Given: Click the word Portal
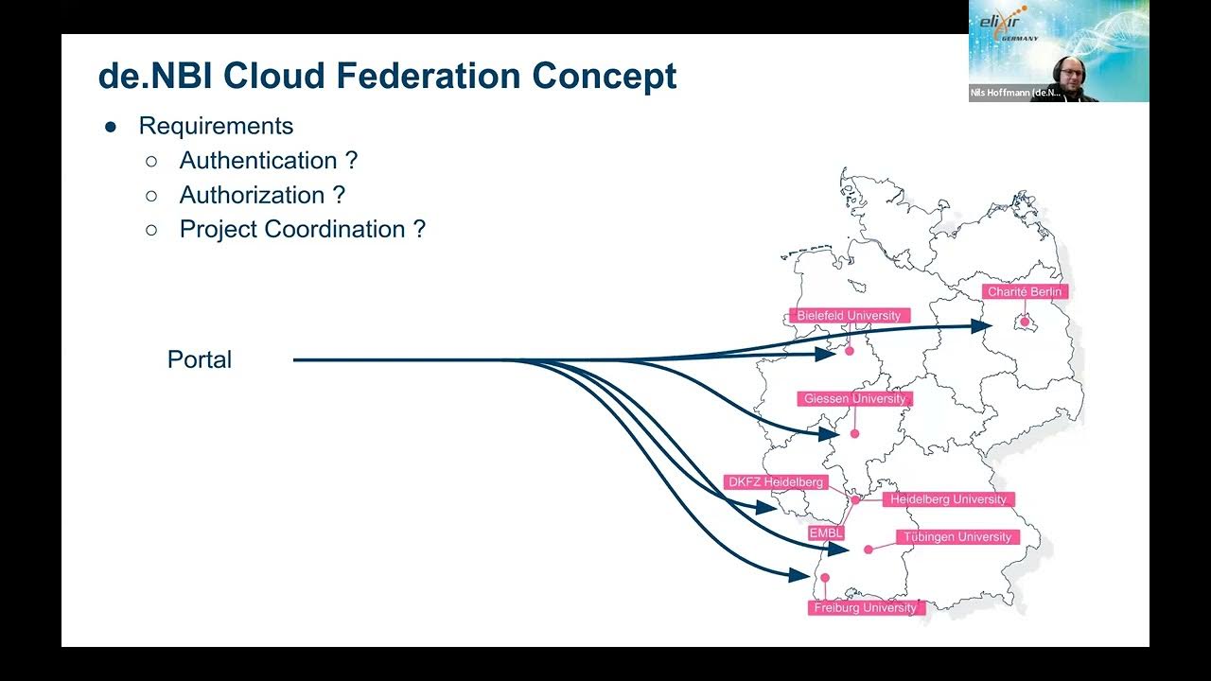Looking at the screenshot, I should point(199,359).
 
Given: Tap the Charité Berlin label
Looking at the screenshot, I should point(1025,292).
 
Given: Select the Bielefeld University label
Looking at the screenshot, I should point(849,316).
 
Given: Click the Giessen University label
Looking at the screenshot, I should point(854,399).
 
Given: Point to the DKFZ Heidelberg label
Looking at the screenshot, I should point(775,482).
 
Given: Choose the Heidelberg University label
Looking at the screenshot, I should point(948,499).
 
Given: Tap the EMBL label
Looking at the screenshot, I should point(825,533).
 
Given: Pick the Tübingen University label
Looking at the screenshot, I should point(957,537).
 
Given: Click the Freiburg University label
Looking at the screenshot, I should point(865,608).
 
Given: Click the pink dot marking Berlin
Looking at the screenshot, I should point(1025,322).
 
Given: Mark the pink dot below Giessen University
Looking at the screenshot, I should point(854,434).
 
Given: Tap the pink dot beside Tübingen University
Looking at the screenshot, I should point(869,550).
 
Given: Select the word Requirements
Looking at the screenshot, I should point(216,126).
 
